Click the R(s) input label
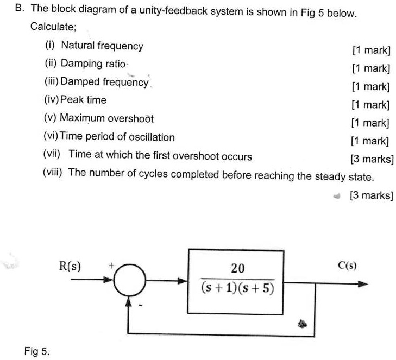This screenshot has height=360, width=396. [x=70, y=267]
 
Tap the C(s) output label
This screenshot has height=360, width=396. [x=347, y=266]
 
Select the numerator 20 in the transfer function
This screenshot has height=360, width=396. [x=237, y=268]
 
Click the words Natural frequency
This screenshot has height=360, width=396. [x=102, y=46]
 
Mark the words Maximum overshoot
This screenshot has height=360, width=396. [x=107, y=118]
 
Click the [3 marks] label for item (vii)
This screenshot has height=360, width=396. [x=372, y=159]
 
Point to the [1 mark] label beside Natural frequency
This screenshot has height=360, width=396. [x=371, y=50]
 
